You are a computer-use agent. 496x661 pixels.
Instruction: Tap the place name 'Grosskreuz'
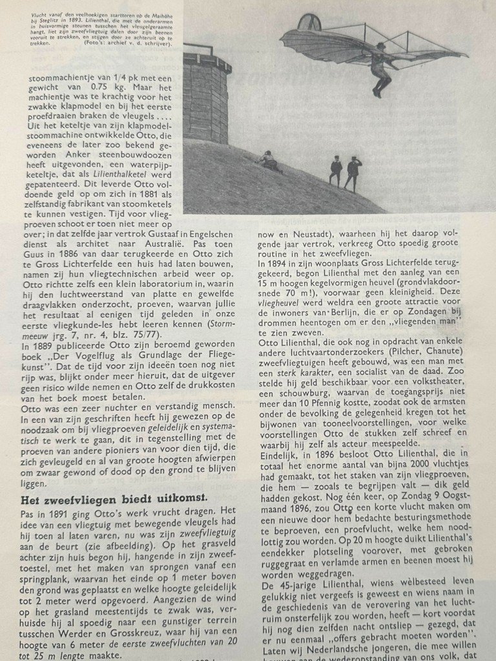[127, 630]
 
